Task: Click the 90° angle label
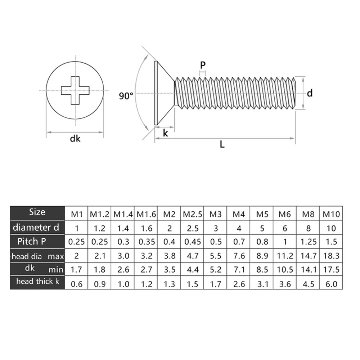coord(126,96)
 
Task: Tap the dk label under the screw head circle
coord(75,139)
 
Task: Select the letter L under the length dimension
coord(222,145)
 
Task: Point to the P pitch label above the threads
coord(203,65)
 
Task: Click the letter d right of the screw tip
coord(310,93)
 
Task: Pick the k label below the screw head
coord(166,132)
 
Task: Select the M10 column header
coord(331,214)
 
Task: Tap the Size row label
coord(37,212)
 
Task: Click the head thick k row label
coord(37,282)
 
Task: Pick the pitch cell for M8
coord(307,242)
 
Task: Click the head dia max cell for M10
coord(331,256)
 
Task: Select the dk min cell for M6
coord(284,270)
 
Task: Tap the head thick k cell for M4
coord(238,284)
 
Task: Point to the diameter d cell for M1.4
coord(123,228)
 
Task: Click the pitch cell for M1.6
coord(146,242)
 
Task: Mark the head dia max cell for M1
coord(76,256)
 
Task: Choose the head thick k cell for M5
coord(262,284)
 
